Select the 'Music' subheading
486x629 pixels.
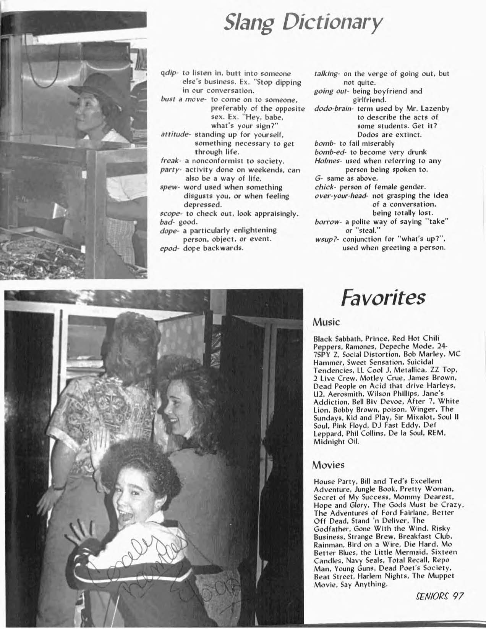click(x=326, y=322)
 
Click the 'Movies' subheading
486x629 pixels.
click(x=328, y=465)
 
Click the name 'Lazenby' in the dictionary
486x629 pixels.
click(x=435, y=108)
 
